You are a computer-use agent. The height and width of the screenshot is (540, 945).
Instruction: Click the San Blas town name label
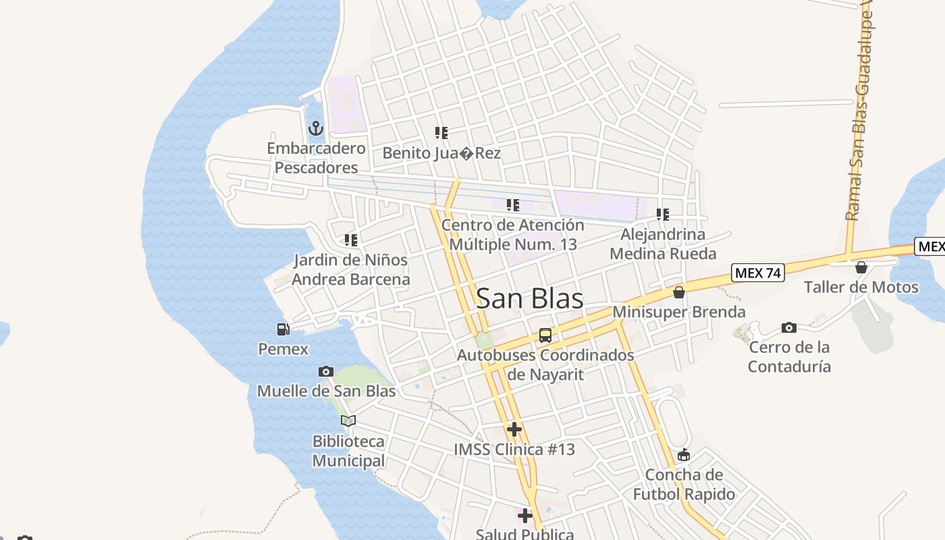[530, 298]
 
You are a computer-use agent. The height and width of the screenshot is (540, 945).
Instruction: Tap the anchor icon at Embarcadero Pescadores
[315, 128]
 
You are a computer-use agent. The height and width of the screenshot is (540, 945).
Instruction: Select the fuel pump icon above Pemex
[283, 329]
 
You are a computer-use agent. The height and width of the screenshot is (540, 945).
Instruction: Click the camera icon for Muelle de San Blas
[326, 371]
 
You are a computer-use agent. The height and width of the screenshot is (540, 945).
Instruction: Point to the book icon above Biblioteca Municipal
[348, 421]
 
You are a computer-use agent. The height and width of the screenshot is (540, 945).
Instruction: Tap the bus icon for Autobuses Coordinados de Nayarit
[545, 335]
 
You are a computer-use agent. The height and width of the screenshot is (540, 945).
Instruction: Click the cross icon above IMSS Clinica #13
[514, 429]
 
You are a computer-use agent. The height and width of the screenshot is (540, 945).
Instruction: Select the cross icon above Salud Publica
[524, 516]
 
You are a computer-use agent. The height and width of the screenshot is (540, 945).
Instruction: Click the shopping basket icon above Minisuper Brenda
[679, 292]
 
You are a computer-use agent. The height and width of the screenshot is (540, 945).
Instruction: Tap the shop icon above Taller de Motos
[861, 267]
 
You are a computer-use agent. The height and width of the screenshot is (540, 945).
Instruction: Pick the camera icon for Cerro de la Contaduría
[789, 328]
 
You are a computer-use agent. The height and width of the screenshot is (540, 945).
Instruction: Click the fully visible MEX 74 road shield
[757, 273]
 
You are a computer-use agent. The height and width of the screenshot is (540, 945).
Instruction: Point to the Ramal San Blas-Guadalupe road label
[859, 115]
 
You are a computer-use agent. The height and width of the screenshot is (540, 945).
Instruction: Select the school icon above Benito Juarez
[441, 133]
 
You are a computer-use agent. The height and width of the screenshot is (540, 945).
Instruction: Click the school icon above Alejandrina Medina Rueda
[663, 215]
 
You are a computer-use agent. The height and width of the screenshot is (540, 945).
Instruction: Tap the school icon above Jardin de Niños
[351, 240]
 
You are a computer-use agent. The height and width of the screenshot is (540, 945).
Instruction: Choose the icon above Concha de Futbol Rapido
[684, 454]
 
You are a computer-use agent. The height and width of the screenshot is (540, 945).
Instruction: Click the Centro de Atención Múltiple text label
[513, 234]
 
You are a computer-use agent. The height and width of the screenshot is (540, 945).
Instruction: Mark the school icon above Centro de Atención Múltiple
[513, 205]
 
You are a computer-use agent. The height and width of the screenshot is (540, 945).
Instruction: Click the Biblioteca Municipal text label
[348, 451]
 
